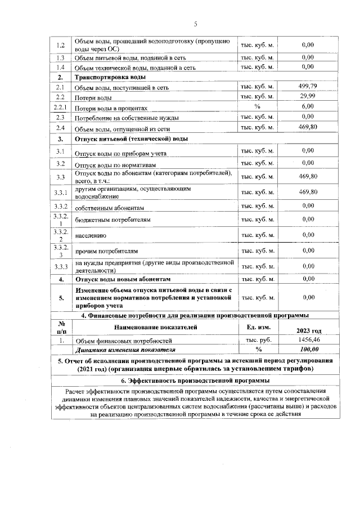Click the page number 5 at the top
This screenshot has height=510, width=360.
click(196, 24)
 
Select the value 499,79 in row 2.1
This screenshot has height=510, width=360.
click(308, 86)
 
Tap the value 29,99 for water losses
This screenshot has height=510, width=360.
click(308, 97)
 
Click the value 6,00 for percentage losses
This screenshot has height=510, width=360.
click(308, 106)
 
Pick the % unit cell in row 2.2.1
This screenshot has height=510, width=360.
click(258, 106)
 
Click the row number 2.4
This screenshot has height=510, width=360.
click(60, 127)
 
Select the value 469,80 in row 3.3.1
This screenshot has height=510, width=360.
click(308, 193)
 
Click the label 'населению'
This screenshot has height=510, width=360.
click(91, 235)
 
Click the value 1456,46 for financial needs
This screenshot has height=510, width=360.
click(308, 341)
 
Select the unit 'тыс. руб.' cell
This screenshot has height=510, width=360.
click(258, 341)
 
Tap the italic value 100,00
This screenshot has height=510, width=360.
click(308, 350)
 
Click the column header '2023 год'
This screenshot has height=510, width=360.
click(308, 331)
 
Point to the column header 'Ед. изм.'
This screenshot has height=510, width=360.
click(258, 327)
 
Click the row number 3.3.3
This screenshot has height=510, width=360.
click(60, 266)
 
